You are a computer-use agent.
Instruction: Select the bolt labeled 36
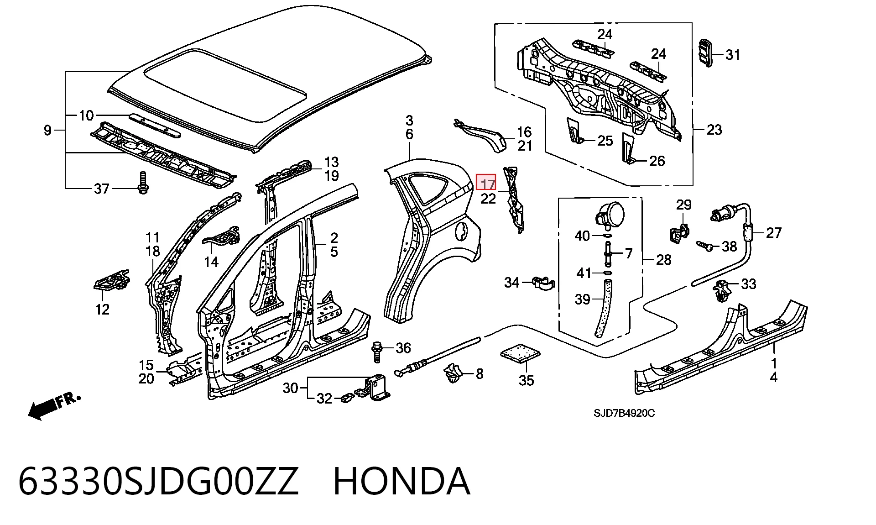(x=377, y=351)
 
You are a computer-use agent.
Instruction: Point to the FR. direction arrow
(x=54, y=405)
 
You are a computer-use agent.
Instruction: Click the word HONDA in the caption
(x=401, y=481)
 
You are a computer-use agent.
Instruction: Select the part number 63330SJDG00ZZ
(x=158, y=481)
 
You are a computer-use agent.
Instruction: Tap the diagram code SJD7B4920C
(x=624, y=413)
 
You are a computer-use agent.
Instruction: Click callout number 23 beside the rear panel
(x=714, y=130)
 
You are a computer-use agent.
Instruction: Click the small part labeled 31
(x=705, y=53)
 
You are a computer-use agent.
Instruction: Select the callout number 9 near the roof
(x=48, y=130)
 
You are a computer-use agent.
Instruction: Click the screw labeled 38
(x=706, y=246)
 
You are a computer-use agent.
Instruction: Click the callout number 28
(x=663, y=260)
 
